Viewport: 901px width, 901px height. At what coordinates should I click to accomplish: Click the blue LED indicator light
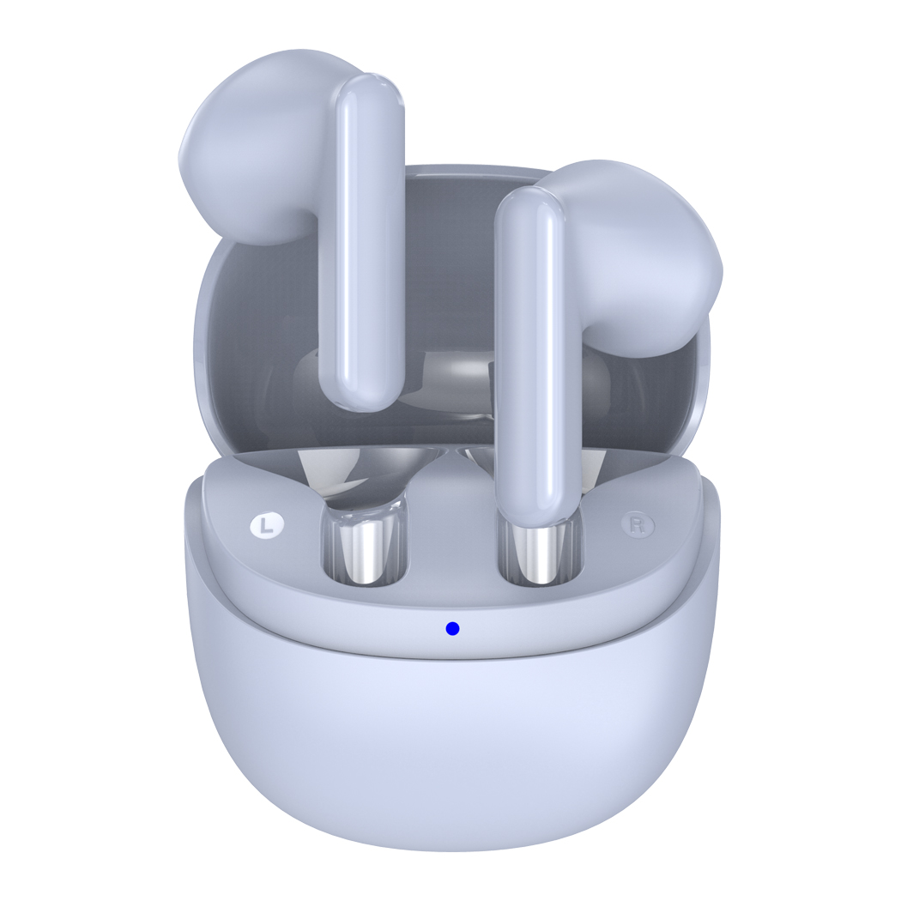[453, 629]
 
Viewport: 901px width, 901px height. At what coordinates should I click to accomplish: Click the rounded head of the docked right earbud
[632, 253]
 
